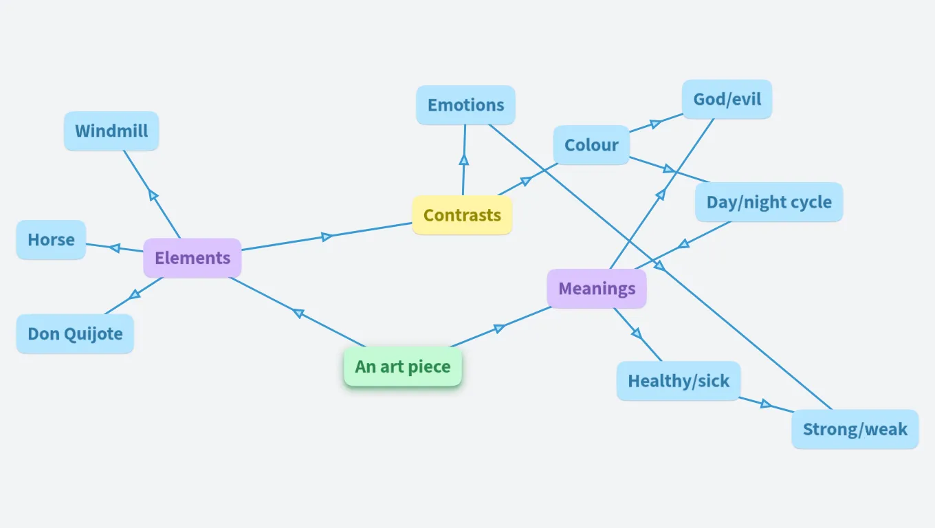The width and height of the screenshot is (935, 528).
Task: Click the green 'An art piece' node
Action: [402, 366]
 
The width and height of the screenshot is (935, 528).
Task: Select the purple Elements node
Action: [192, 258]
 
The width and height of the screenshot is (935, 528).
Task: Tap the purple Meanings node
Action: [597, 289]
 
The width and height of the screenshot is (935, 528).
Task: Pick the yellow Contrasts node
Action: [462, 215]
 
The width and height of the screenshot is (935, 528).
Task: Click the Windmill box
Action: [111, 131]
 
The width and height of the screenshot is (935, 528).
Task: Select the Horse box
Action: [51, 240]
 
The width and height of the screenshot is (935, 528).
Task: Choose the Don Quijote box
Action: [75, 334]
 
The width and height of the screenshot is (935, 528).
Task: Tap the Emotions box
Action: [465, 105]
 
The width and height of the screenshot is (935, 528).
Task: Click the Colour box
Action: [591, 145]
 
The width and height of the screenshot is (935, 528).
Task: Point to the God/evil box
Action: [727, 100]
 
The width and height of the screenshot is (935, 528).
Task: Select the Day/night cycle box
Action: [769, 202]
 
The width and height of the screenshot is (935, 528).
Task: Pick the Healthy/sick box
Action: [678, 381]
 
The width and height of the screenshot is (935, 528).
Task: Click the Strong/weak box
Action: [855, 430]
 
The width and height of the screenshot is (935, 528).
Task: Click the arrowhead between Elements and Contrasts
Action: [327, 236]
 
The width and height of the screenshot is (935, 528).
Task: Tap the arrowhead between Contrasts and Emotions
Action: [464, 159]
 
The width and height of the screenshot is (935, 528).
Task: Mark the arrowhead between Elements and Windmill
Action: [153, 195]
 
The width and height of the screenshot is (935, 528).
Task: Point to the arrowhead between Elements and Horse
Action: [115, 247]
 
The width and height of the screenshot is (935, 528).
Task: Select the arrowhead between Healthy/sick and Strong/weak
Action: [766, 404]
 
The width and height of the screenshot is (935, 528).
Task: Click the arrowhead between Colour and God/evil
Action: [656, 124]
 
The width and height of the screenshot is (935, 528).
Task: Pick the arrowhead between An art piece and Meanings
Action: [500, 328]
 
